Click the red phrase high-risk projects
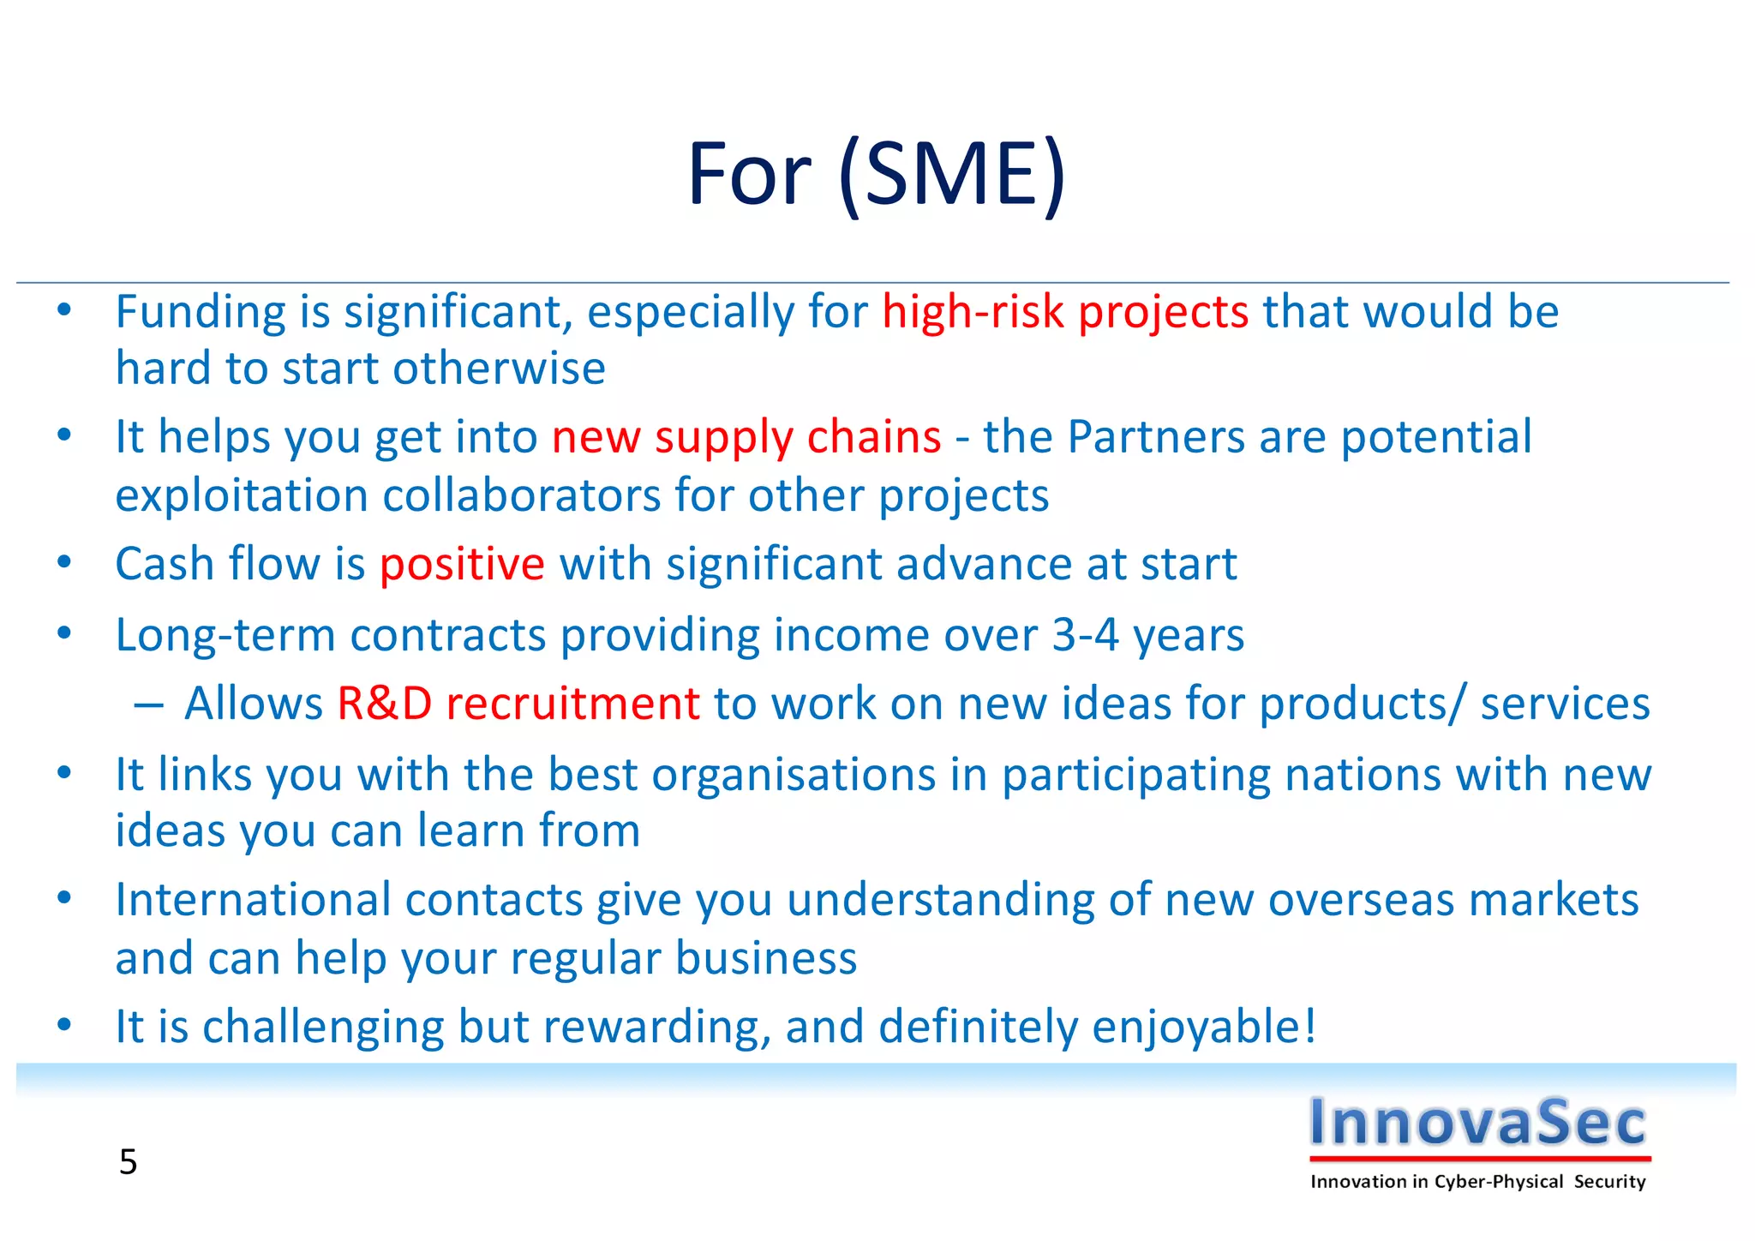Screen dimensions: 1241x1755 click(x=1064, y=312)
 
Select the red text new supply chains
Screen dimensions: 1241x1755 click(x=746, y=438)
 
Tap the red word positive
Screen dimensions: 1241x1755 click(x=462, y=565)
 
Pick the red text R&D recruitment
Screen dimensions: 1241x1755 click(x=518, y=704)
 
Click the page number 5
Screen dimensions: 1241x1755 click(x=128, y=1162)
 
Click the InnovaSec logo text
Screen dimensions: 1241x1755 click(x=1477, y=1122)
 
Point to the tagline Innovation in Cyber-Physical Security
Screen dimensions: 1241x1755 click(x=1477, y=1182)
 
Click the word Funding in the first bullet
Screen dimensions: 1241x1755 click(x=201, y=312)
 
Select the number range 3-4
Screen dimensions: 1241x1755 click(x=1085, y=636)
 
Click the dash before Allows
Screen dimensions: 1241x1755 click(x=148, y=705)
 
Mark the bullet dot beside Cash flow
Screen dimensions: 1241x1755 click(x=64, y=563)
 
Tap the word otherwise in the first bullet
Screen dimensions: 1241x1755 click(x=499, y=369)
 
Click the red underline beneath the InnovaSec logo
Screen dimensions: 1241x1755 click(x=1479, y=1159)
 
